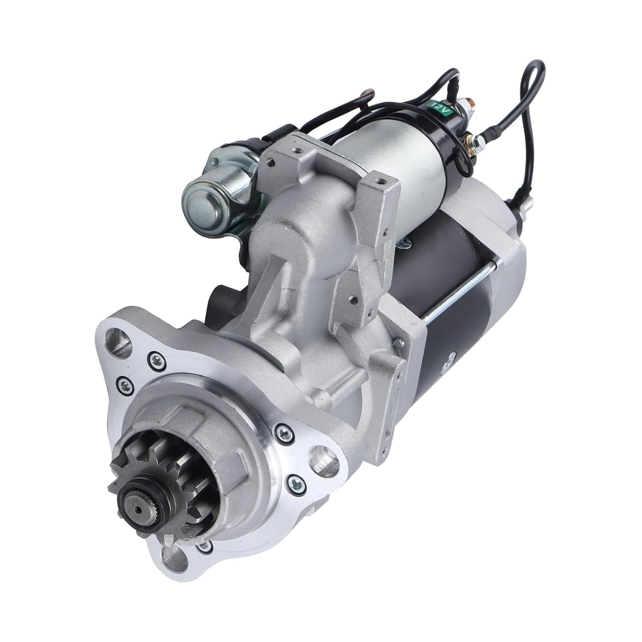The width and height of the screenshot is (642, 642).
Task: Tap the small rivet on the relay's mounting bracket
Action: pos(213,161)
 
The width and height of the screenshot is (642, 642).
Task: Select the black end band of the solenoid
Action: pos(454,141)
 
